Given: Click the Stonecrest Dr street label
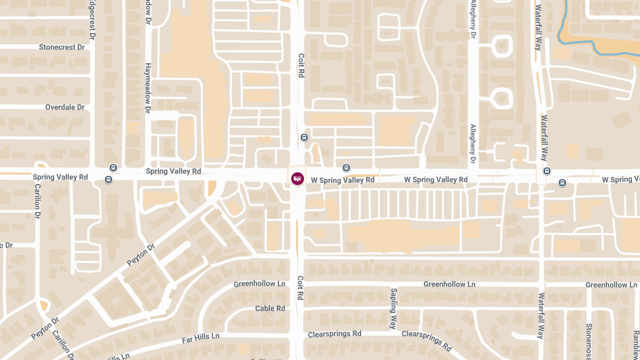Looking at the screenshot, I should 62,47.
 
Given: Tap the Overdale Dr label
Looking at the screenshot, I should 65,107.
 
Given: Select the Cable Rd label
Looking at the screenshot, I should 270,309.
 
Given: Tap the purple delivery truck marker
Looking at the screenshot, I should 298,178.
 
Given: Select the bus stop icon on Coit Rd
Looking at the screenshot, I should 304,138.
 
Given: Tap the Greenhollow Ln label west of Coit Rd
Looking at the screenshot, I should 259,284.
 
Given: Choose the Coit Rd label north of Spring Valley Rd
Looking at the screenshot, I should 301,66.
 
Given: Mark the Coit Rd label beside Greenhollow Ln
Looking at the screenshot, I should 300,287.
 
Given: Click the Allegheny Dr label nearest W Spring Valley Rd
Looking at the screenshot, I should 473,144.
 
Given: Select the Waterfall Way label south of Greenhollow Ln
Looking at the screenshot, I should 541,316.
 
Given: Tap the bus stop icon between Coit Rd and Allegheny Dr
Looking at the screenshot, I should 346,169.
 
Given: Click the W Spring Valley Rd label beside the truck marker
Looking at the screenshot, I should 342,180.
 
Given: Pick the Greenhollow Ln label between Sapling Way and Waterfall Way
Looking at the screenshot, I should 449,284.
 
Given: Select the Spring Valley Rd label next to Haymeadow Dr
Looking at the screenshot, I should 173,172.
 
